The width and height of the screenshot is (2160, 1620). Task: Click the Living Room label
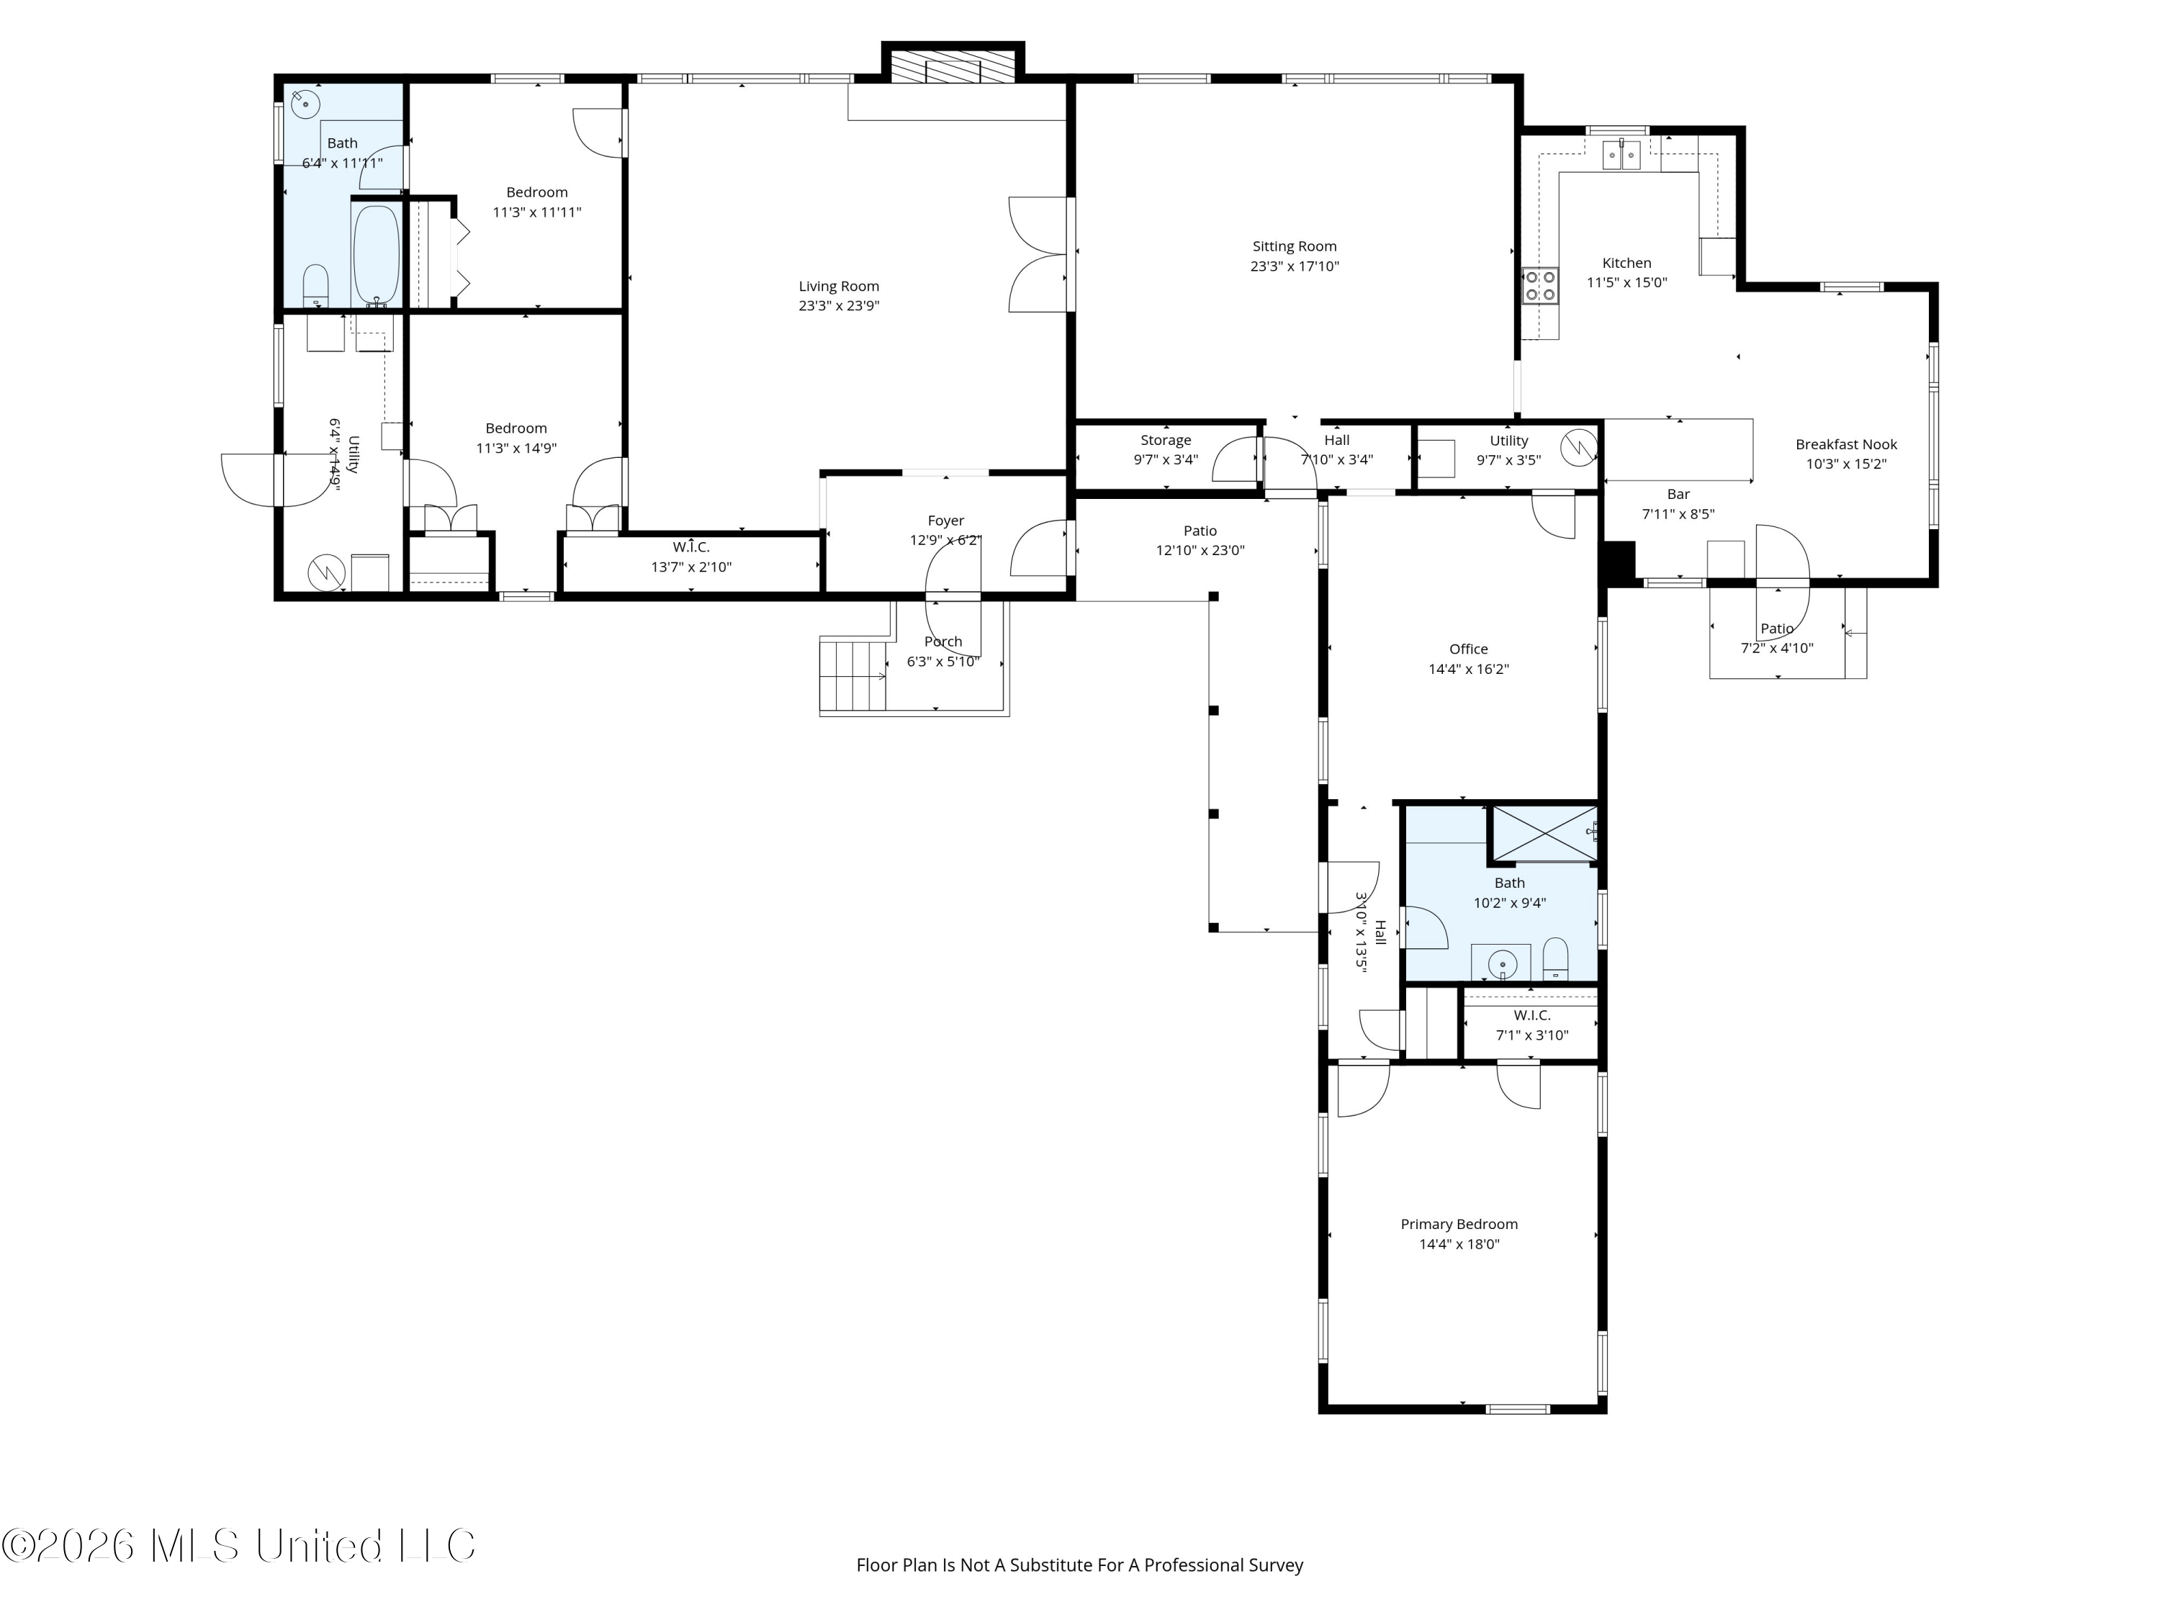pos(839,286)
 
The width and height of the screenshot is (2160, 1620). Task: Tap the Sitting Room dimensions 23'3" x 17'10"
pos(1295,266)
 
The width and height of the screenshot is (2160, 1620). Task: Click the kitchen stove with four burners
pos(1540,286)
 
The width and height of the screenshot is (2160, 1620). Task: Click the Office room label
pos(1469,649)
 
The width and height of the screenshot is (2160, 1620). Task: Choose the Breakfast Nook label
pos(1845,444)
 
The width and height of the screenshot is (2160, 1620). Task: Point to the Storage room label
pos(1166,441)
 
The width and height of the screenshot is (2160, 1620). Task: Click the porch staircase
pos(852,676)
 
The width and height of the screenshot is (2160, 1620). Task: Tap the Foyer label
pos(945,521)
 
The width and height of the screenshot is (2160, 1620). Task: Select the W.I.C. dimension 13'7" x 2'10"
pos(691,567)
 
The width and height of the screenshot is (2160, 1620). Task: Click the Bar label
pos(1678,494)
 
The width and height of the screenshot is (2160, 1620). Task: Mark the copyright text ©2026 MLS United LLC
pos(238,1546)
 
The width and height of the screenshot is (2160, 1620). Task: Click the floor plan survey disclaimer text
pos(1080,1565)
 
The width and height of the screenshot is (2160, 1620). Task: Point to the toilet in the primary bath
pos(1555,960)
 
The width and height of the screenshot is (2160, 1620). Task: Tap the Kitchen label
pos(1626,263)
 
